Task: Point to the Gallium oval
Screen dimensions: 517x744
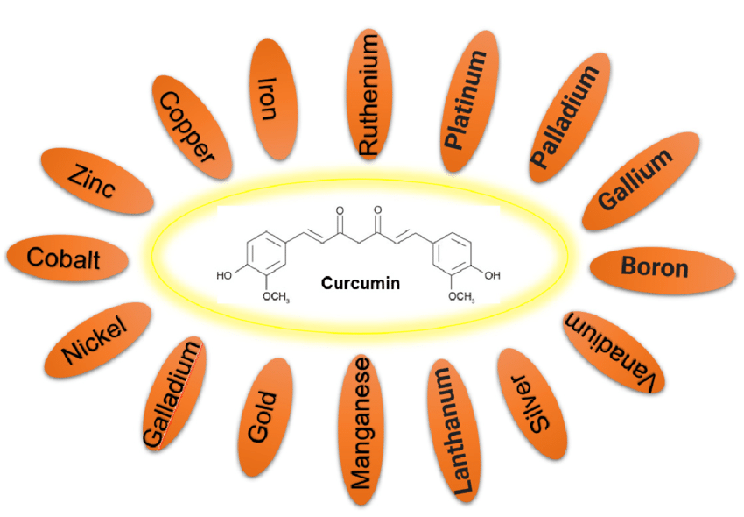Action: coord(635,180)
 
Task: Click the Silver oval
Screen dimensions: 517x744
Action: coord(530,405)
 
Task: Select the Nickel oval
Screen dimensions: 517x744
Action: coord(95,340)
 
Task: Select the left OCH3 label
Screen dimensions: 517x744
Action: coord(275,298)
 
